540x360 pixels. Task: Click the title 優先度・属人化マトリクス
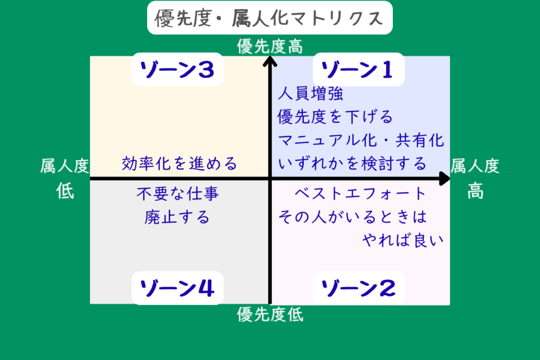tap(269, 18)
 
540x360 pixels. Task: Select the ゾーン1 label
tap(359, 70)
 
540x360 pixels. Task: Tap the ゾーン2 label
tap(359, 288)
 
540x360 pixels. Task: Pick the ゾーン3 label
tap(177, 70)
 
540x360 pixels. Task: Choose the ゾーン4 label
tap(177, 288)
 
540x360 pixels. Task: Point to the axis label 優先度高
tap(270, 46)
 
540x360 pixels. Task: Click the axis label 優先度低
tap(270, 315)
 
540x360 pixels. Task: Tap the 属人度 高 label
tap(475, 179)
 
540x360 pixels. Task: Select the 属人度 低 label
tap(65, 179)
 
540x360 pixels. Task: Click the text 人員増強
tap(311, 94)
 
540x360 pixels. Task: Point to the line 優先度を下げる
tap(335, 116)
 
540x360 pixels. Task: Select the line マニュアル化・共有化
tap(361, 141)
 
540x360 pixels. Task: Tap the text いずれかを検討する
tap(352, 164)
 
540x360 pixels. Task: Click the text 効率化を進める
tap(179, 163)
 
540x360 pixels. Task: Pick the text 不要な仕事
tap(177, 194)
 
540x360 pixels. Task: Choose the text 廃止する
tap(177, 217)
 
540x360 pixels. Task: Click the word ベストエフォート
tap(360, 194)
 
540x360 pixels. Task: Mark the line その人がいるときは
tap(352, 217)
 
